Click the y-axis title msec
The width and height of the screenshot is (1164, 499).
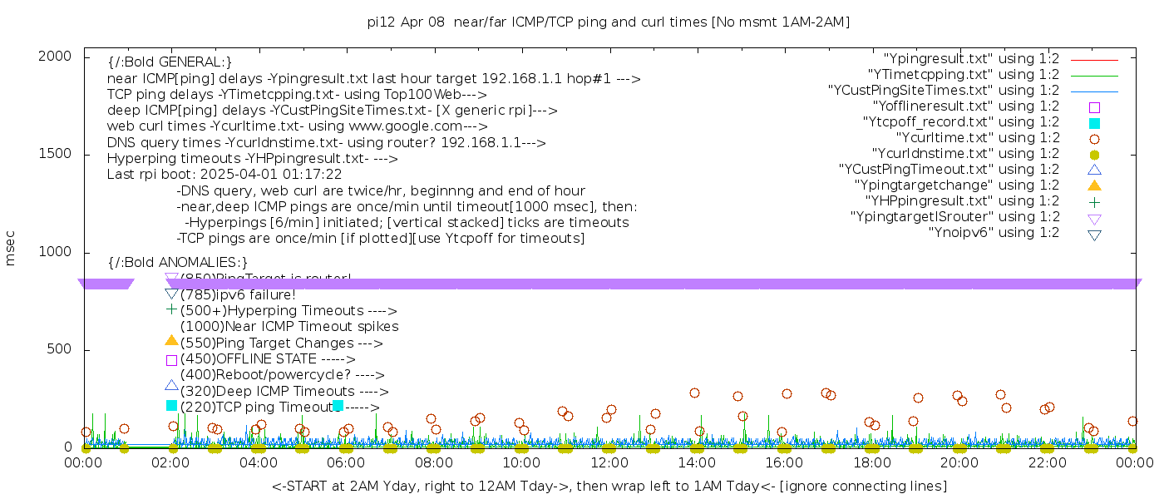tap(11, 249)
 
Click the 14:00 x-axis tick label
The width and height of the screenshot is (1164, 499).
tap(697, 462)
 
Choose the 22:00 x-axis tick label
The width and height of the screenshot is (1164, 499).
tap(1048, 462)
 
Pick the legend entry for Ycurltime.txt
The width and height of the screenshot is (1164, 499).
tap(977, 138)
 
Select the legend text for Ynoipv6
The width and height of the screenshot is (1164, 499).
tap(994, 233)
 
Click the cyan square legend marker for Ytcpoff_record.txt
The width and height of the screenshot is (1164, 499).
tap(1094, 123)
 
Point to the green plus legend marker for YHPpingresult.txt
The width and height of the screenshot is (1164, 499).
tap(1094, 201)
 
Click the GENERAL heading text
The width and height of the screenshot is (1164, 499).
tap(170, 62)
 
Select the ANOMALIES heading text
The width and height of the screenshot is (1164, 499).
tap(178, 263)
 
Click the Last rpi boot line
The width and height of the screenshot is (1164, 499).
tap(224, 175)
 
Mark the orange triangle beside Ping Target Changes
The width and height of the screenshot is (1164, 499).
tap(171, 340)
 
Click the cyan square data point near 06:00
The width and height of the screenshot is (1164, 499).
tap(338, 405)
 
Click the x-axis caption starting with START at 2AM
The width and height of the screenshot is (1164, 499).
tap(609, 486)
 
